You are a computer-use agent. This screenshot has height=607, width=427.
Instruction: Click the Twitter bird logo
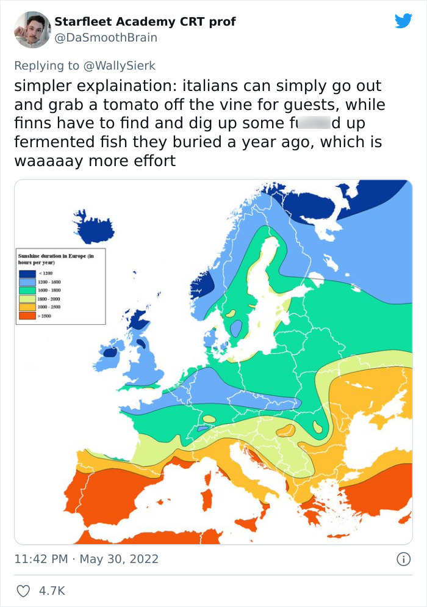point(403,21)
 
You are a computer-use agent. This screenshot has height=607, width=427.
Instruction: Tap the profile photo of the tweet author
point(32,29)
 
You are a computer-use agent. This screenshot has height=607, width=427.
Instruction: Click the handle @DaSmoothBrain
point(106,37)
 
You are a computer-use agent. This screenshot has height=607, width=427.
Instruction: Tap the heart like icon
point(24,591)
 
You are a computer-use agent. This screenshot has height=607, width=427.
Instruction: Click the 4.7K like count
point(52,591)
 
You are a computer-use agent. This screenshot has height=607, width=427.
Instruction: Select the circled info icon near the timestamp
point(403,559)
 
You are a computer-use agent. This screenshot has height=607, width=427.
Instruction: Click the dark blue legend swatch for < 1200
point(27,273)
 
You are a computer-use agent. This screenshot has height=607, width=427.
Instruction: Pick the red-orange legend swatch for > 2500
point(27,316)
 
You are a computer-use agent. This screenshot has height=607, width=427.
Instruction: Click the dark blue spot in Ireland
point(110,352)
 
